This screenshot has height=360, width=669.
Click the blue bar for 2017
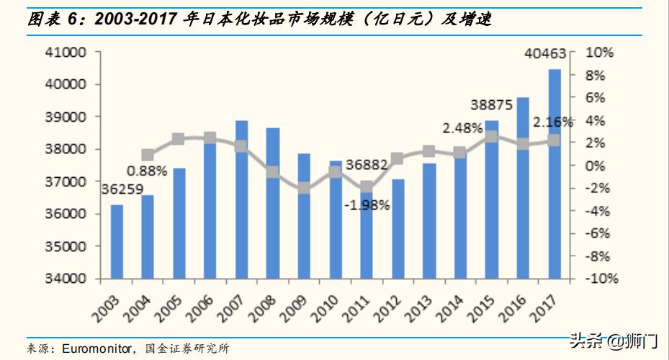click(x=554, y=174)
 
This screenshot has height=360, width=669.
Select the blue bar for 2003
click(x=117, y=241)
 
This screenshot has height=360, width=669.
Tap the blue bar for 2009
click(x=304, y=216)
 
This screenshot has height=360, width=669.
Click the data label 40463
click(x=545, y=53)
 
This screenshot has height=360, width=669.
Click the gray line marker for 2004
click(x=148, y=155)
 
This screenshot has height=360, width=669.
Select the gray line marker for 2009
click(x=304, y=189)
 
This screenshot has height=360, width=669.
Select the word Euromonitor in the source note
click(x=96, y=348)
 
